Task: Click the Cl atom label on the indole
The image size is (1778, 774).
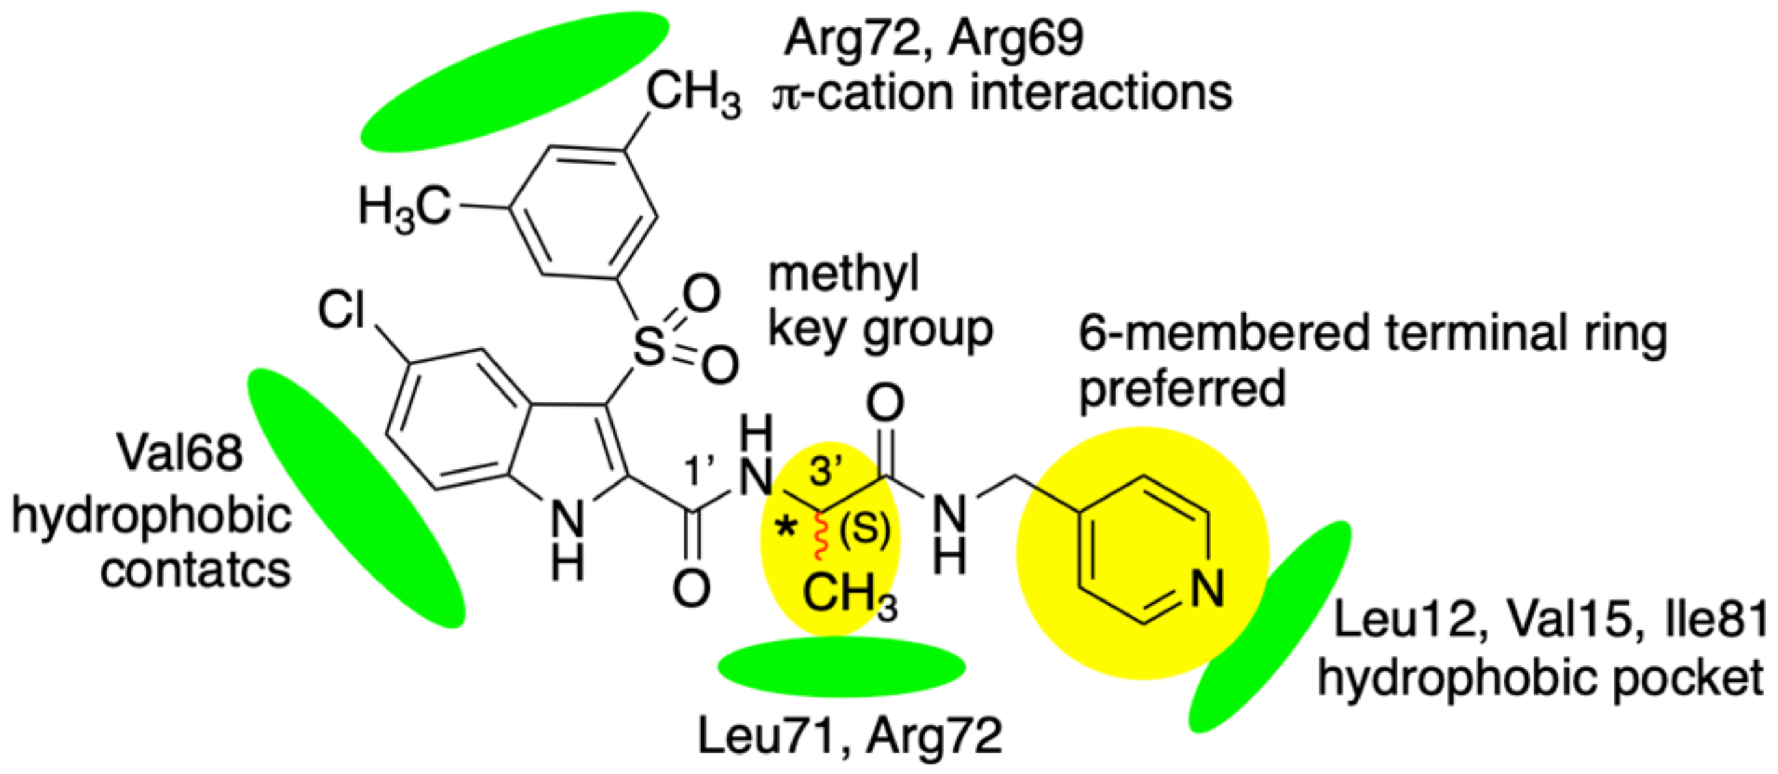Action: (x=341, y=310)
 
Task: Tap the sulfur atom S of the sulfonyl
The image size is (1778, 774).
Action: (x=648, y=346)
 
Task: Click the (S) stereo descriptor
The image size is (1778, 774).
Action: (x=864, y=530)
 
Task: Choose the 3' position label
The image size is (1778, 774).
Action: (x=825, y=471)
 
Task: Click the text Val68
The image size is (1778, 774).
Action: (x=180, y=454)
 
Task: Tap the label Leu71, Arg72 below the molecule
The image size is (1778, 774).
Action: (x=850, y=736)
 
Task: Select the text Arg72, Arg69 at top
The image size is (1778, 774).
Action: (x=934, y=38)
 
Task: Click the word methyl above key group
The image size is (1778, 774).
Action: (x=843, y=274)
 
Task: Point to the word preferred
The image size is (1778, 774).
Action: (x=1182, y=389)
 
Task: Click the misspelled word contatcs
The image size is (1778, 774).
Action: (x=195, y=570)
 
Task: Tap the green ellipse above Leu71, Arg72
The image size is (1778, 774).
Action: (x=841, y=667)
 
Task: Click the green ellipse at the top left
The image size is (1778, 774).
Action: (x=514, y=81)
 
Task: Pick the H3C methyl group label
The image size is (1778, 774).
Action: (x=404, y=207)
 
